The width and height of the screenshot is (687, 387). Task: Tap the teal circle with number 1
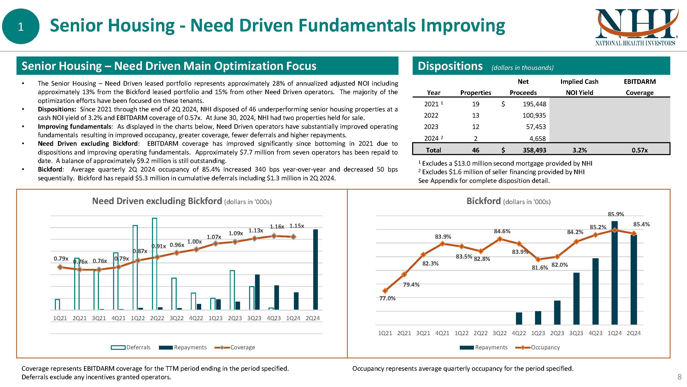(21, 26)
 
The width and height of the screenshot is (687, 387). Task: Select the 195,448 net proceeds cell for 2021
(534, 104)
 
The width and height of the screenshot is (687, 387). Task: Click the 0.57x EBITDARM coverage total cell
(639, 150)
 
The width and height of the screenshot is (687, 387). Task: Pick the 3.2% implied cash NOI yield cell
(580, 150)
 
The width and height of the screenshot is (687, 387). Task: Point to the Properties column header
(476, 93)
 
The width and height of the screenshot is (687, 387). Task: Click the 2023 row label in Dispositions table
(431, 127)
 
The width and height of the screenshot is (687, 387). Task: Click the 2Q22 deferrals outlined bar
(154, 264)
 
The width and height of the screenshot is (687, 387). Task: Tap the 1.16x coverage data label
(277, 227)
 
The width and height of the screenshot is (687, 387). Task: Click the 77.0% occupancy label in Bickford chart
(387, 298)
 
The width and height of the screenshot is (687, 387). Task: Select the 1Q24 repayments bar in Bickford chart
(614, 272)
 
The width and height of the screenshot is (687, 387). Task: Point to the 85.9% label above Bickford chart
(616, 214)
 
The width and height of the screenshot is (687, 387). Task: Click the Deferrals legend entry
(131, 347)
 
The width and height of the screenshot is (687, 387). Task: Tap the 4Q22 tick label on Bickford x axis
(519, 333)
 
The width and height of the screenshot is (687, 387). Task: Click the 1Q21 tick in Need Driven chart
(60, 318)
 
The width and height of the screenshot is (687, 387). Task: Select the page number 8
(679, 377)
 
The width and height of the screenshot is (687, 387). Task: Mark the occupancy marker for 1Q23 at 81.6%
(538, 259)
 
